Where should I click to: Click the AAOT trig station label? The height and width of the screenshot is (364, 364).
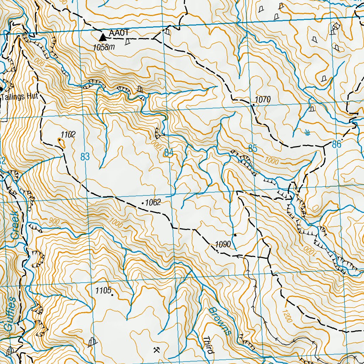click(118, 33)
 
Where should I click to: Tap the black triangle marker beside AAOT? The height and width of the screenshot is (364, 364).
click(103, 37)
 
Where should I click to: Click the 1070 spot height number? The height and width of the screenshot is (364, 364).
click(263, 100)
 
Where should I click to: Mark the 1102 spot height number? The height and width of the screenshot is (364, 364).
click(68, 134)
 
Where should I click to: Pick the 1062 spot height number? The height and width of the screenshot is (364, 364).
click(154, 203)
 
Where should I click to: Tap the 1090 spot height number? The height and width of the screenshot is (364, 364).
click(223, 245)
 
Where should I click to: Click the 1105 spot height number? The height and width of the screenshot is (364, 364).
click(103, 290)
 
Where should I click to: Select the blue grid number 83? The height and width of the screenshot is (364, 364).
click(85, 156)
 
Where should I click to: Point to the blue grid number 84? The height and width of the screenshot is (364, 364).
click(168, 153)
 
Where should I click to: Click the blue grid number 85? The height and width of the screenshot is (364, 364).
click(252, 149)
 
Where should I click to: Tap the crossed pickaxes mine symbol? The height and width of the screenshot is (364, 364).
click(156, 350)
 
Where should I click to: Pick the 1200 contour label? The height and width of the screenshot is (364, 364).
click(287, 316)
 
